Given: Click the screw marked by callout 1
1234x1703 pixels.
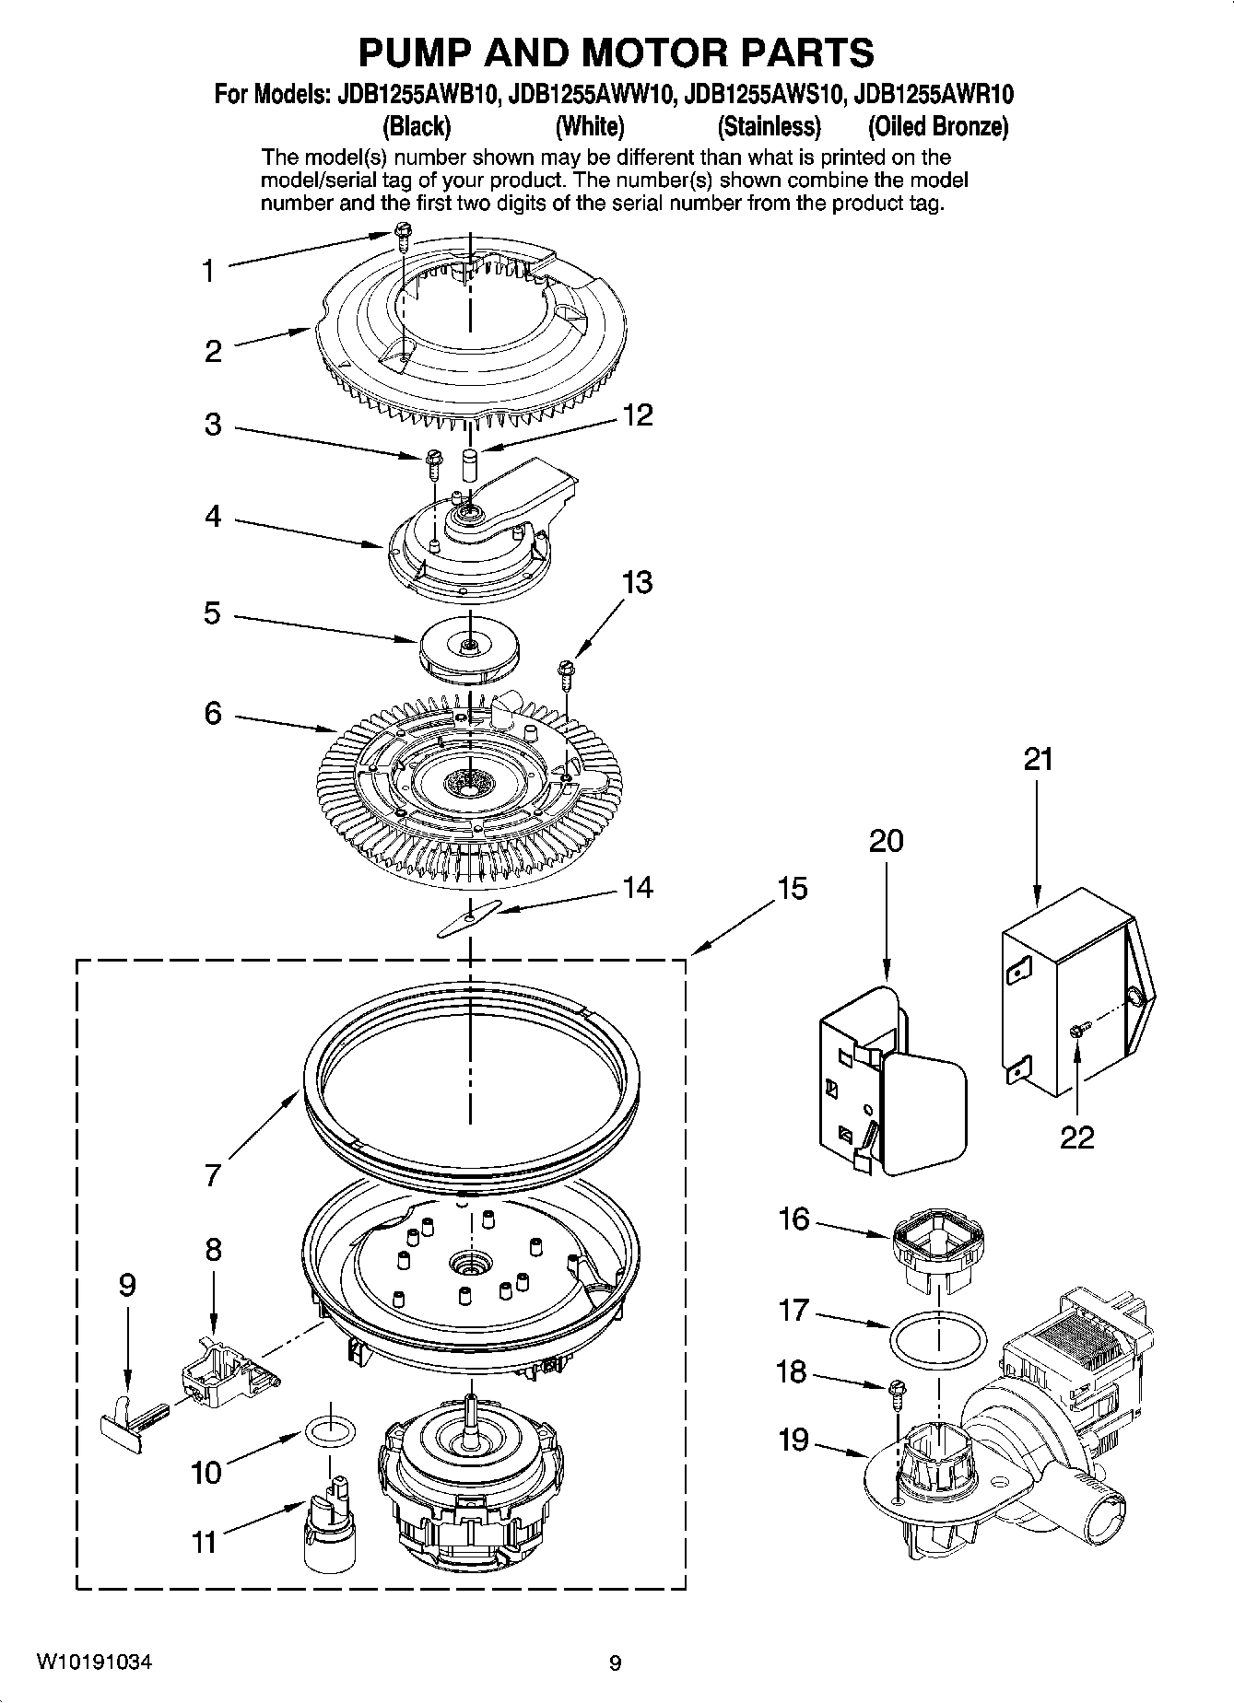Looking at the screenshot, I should tap(402, 234).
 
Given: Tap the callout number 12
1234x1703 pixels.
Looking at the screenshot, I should tap(637, 414).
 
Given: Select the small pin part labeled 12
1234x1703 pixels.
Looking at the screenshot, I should tap(471, 461).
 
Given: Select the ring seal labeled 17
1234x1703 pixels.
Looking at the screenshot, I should tap(938, 1340).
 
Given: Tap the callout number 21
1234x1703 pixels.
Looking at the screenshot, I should tap(1037, 760).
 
